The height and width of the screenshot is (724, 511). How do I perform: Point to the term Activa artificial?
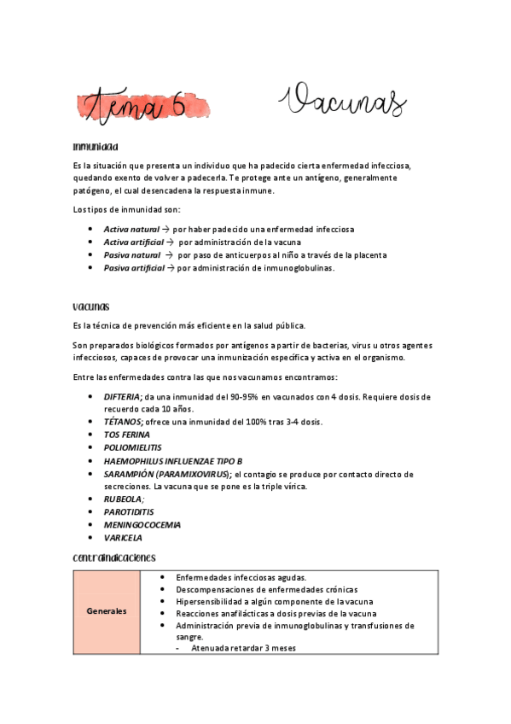pos(135,242)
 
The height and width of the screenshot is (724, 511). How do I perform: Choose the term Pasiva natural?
pos(132,255)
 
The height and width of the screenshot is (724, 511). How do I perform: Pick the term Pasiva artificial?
pos(134,268)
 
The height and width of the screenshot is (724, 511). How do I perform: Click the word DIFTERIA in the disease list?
pos(123,397)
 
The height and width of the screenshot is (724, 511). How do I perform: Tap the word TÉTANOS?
pos(122,423)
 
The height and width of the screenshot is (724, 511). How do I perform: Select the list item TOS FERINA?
pos(126,435)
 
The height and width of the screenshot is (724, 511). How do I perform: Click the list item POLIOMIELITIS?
pos(132,448)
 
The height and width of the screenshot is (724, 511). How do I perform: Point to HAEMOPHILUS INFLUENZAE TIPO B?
pos(172,461)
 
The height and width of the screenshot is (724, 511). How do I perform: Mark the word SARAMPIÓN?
pos(128,474)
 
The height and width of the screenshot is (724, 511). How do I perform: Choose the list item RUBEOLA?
pos(123,499)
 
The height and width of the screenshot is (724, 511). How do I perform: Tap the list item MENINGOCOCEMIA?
pos(142,525)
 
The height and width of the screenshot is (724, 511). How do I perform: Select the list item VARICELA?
pos(123,538)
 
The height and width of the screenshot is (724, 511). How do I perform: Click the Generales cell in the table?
pos(107,611)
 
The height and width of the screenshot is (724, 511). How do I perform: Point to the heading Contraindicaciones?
pos(114,558)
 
